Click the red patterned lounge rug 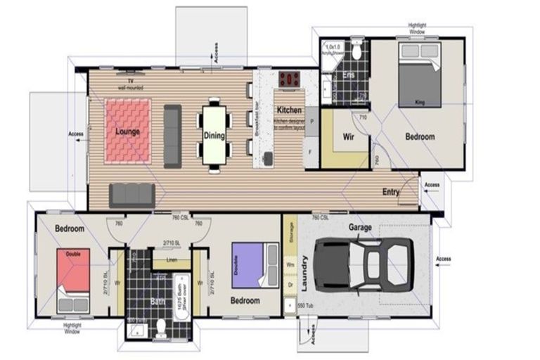tap(127, 130)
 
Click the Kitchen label tap(289, 110)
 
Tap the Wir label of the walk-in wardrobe tap(347, 136)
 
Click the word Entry tap(392, 191)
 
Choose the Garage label tap(359, 228)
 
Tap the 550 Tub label tap(305, 307)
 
